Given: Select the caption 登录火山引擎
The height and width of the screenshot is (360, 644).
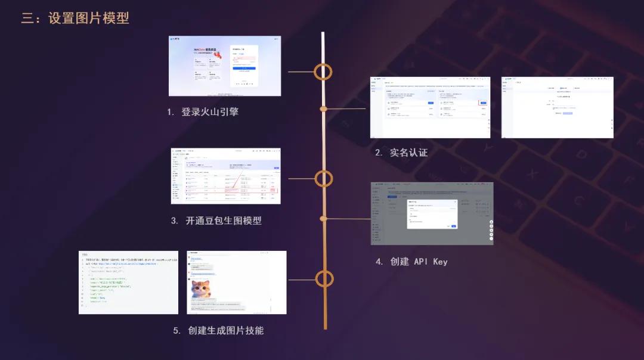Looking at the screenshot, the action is [210, 111].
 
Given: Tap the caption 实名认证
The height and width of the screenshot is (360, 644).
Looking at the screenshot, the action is [408, 153].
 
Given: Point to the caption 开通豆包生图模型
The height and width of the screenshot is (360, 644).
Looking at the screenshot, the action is [224, 221].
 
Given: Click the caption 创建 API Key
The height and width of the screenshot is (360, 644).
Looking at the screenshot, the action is [419, 262].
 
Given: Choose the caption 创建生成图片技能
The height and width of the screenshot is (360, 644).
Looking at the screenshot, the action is [225, 330].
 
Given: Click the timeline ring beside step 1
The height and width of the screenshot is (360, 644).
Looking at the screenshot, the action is [323, 72].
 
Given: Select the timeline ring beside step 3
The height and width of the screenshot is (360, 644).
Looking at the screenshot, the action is [323, 178].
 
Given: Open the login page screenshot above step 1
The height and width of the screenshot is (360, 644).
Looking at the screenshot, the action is [225, 66].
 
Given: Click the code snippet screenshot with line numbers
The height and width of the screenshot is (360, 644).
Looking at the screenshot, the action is [128, 283].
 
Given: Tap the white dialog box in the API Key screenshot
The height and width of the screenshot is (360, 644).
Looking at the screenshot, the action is [432, 213].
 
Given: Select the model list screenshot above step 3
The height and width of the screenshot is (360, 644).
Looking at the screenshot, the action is [225, 176].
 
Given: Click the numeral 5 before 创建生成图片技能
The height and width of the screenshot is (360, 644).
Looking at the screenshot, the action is [177, 331].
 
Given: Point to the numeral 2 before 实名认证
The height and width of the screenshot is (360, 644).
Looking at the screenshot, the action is [378, 153].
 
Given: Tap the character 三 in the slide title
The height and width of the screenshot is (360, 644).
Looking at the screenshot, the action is [27, 18].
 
